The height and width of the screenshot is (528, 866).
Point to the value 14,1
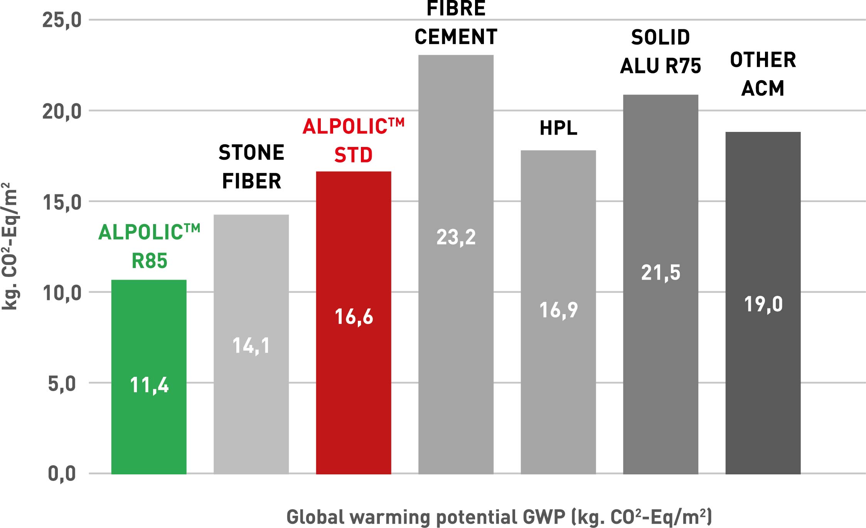click(251, 346)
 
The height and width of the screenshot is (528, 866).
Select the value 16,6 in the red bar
click(354, 317)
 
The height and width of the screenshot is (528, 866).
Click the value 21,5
click(660, 273)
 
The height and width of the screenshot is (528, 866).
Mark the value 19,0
click(763, 304)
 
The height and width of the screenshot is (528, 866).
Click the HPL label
click(558, 128)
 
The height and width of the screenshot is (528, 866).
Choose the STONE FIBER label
click(251, 167)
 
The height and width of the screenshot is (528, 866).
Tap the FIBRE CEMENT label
click(456, 23)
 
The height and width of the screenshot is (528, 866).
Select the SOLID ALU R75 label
click(660, 51)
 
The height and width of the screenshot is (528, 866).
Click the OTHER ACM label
click(763, 74)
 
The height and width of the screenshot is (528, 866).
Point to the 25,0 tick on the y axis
click(62, 20)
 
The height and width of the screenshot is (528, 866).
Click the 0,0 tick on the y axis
click(62, 474)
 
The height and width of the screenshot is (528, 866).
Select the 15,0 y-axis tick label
click(62, 202)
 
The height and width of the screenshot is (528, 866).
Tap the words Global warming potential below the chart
click(401, 517)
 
